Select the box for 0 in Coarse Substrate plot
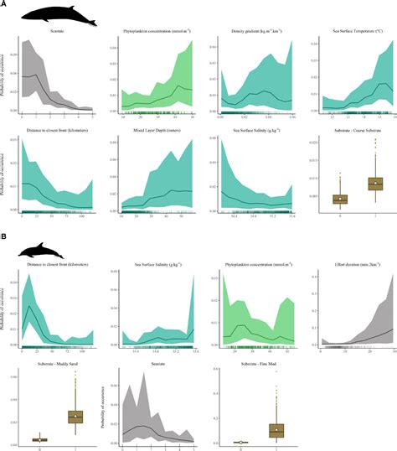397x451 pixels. click(x=340, y=199)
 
